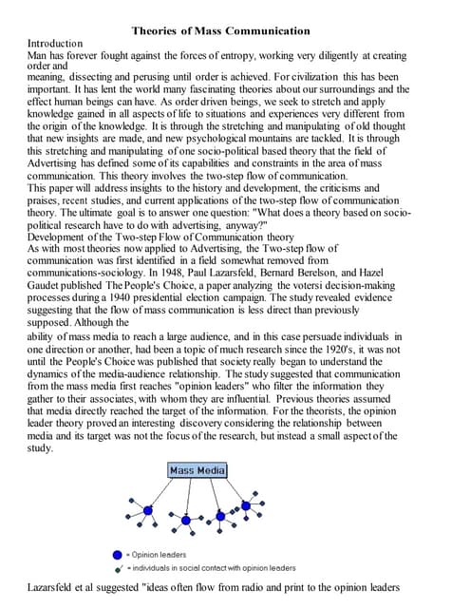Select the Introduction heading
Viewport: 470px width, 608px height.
click(57, 44)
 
